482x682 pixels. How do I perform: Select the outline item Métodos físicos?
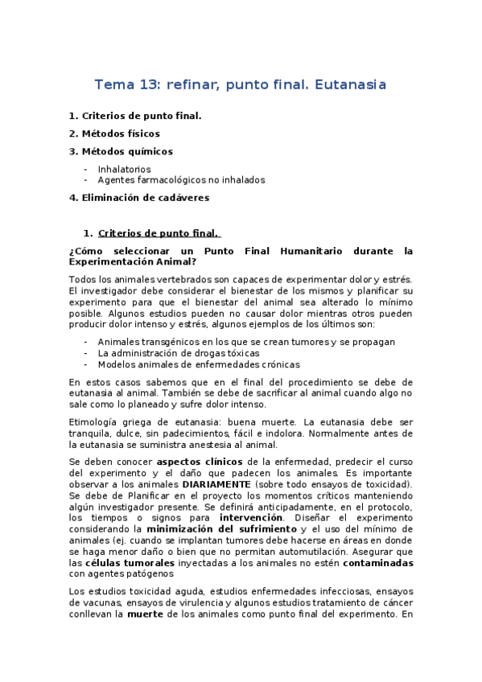pyautogui.click(x=121, y=134)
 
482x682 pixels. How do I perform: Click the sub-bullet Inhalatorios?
pyautogui.click(x=124, y=170)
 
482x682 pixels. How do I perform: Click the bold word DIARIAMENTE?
pyautogui.click(x=216, y=484)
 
